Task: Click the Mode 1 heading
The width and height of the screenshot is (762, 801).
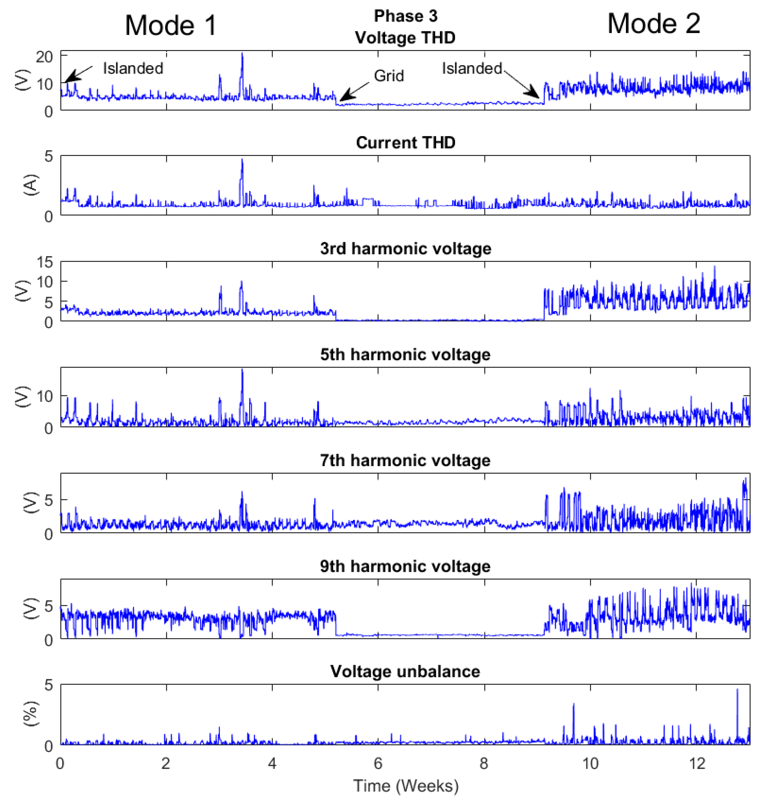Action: click(x=171, y=25)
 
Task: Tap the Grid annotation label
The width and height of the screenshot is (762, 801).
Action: click(x=389, y=76)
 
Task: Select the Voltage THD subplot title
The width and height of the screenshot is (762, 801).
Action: click(x=405, y=37)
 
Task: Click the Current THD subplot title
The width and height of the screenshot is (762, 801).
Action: click(x=405, y=143)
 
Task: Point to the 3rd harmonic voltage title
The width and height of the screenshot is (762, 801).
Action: click(x=405, y=248)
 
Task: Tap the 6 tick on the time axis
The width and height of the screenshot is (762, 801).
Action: click(x=378, y=764)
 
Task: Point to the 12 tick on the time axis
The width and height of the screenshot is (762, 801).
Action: click(x=696, y=764)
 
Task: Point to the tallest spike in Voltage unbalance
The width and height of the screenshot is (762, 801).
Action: click(x=737, y=689)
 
